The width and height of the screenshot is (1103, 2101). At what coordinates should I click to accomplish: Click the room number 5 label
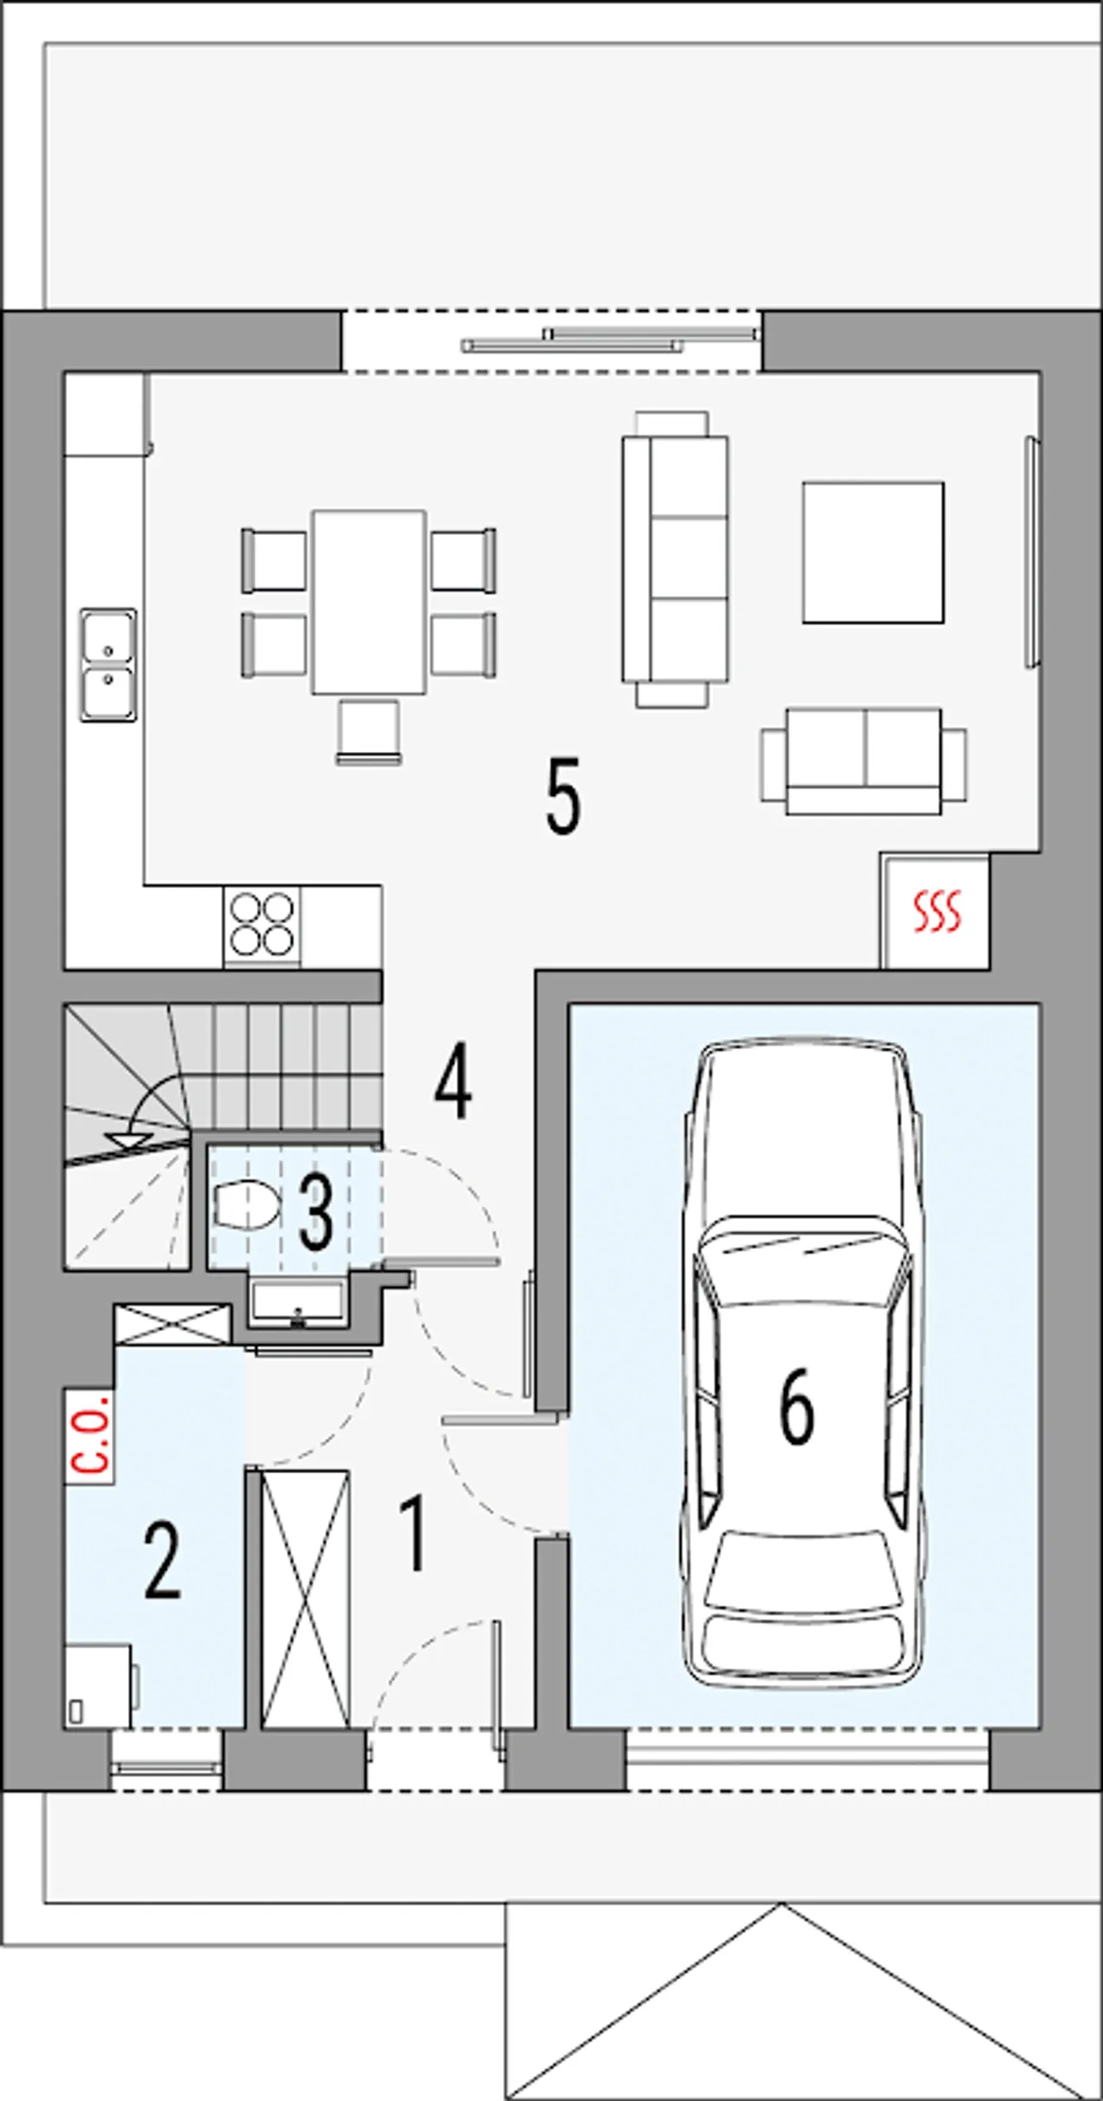tap(564, 796)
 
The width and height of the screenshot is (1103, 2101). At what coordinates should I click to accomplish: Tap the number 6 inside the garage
tap(796, 1406)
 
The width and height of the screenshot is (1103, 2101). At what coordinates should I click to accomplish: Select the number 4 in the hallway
tap(453, 1082)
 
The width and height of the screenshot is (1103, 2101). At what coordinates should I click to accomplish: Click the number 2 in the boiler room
tap(163, 1561)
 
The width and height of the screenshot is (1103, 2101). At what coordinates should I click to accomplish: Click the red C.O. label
tap(90, 1434)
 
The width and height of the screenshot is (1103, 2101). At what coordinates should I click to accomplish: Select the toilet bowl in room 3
tap(246, 1203)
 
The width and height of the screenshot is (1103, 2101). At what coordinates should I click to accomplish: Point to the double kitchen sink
tap(109, 664)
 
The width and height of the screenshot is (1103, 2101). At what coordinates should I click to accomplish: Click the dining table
tap(369, 602)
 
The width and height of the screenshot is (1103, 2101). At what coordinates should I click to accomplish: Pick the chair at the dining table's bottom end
tap(369, 732)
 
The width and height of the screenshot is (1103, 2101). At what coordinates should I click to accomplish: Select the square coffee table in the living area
tap(873, 552)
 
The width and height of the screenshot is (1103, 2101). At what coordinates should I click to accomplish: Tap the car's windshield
tap(802, 1259)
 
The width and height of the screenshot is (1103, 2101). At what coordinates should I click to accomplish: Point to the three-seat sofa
tap(675, 559)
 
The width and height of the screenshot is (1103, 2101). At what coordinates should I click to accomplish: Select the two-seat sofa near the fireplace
tap(863, 761)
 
